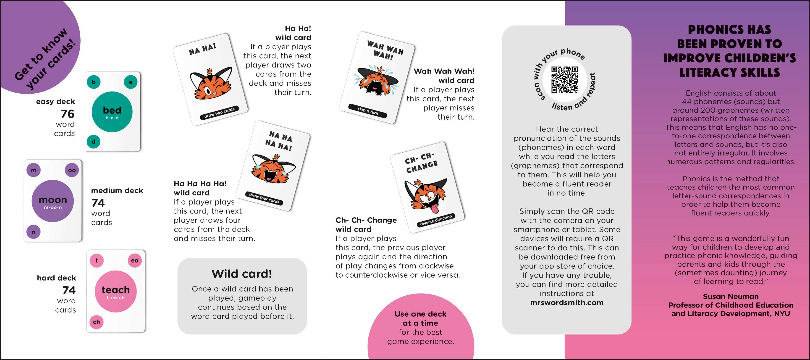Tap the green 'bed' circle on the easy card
pyautogui.click(x=112, y=112)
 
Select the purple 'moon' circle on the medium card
pyautogui.click(x=53, y=201)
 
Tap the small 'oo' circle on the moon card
pyautogui.click(x=72, y=170)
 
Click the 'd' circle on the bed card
pyautogui.click(x=93, y=142)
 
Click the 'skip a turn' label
pyautogui.click(x=368, y=111)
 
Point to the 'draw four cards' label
pyautogui.click(x=264, y=198)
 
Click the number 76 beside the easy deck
pyautogui.click(x=67, y=114)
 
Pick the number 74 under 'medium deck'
pyautogui.click(x=98, y=203)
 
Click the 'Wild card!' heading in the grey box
pyautogui.click(x=242, y=274)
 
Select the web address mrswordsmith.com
pyautogui.click(x=567, y=302)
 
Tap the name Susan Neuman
pyautogui.click(x=730, y=297)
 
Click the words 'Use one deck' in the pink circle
pyautogui.click(x=420, y=314)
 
